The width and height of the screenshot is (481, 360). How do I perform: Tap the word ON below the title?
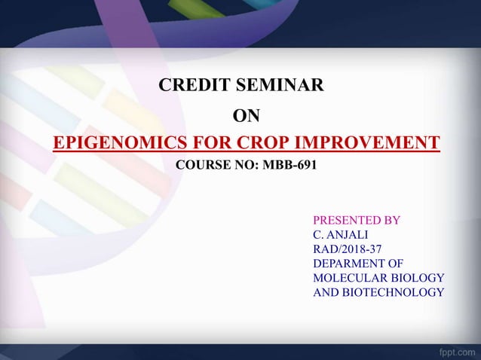[x=246, y=115]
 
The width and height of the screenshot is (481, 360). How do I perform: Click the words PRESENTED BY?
[x=356, y=221]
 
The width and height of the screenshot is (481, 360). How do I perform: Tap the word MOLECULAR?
[x=351, y=278]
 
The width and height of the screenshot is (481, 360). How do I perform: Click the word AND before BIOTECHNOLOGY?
[x=326, y=292]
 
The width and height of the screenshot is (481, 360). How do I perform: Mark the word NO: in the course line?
[x=247, y=164]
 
